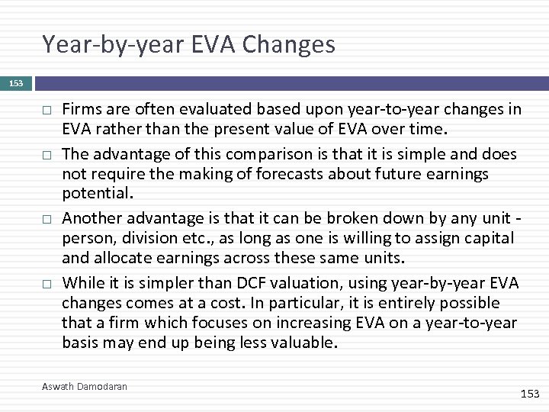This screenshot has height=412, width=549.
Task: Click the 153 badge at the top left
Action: pos(16,83)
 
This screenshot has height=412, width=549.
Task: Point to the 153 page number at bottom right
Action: pos(529,394)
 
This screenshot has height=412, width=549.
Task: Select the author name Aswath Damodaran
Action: pos(85,387)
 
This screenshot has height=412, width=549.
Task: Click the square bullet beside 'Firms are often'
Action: pos(47,111)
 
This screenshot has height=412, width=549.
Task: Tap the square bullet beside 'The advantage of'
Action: pos(47,156)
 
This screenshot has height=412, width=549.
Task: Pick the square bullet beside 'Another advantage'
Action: pos(47,220)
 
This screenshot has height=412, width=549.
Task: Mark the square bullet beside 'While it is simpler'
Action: pos(47,284)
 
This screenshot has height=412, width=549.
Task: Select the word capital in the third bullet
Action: pos(487,239)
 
